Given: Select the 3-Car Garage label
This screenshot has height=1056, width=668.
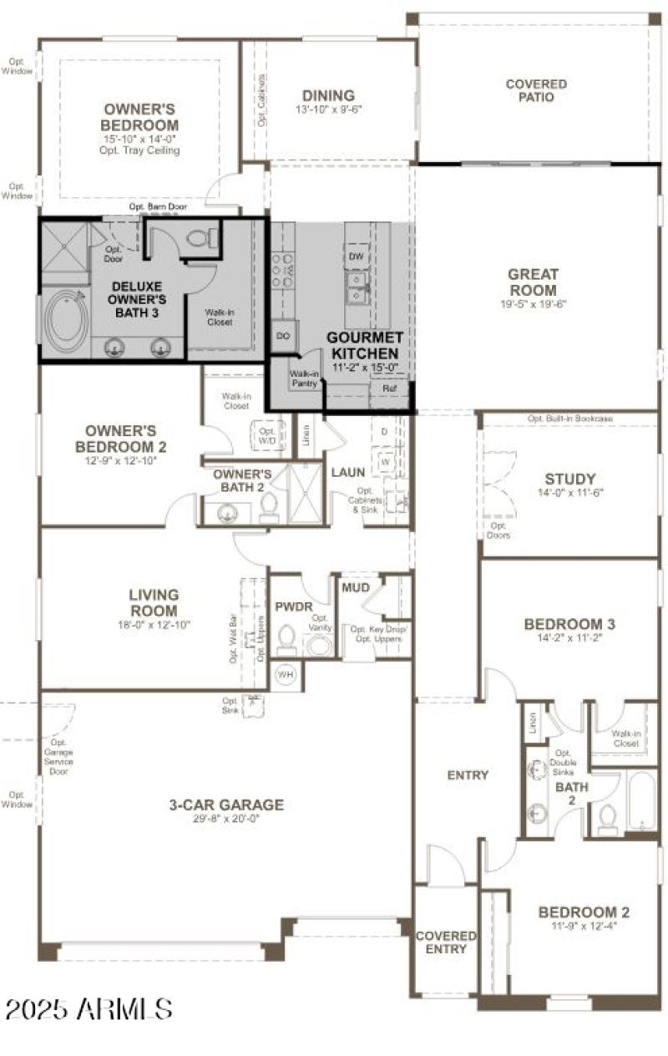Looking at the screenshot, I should coord(226,805).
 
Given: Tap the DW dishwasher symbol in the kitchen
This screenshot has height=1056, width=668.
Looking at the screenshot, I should coord(357,256).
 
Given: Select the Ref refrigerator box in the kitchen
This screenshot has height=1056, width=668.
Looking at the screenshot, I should coord(389,388).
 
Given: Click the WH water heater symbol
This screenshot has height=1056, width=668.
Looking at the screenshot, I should coord(285,673).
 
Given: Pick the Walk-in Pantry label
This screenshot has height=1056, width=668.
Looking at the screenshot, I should coord(303,378).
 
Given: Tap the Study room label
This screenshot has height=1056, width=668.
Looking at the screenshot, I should coord(570,479).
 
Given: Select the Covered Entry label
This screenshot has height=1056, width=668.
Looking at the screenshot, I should coord(446,943).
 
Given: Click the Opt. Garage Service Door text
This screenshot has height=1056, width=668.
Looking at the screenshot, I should coord(58,756).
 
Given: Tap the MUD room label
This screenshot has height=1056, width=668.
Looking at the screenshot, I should coord(356,588).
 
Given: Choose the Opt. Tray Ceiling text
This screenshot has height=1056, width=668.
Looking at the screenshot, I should coord(141,150).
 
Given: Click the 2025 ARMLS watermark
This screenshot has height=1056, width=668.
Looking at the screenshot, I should coord(89,1008).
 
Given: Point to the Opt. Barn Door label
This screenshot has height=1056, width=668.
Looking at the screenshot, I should coord(158,206).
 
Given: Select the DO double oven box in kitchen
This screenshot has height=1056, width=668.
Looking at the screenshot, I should coord(282,335).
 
